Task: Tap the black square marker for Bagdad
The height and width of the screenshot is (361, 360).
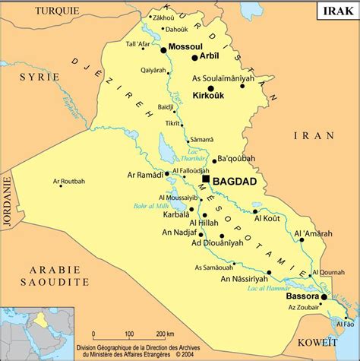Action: pos(206,179)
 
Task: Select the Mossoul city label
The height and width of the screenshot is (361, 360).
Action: pos(186,47)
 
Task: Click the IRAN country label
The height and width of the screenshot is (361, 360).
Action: pos(314,135)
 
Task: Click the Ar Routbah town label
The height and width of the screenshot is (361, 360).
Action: pos(69,182)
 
